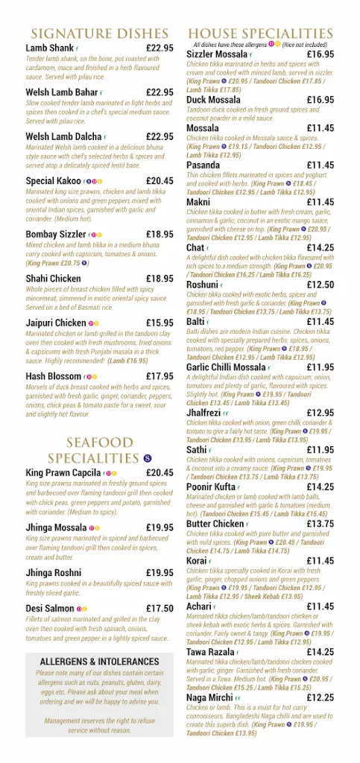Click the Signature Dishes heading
pos(99,34)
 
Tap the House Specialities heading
pos(260,34)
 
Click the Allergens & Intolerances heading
pos(99,662)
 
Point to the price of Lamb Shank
pos(160,48)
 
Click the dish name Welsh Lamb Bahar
pos(62,92)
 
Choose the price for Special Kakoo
pos(160,181)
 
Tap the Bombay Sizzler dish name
pos(56,234)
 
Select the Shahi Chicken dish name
pos(53,279)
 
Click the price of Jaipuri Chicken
pos(160,323)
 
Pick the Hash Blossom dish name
pos(54,376)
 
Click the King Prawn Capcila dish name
pos(63,472)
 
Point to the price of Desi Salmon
pos(160,608)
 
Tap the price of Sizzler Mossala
pos(320,54)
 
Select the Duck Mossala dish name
pos(213,100)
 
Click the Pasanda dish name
pos(203,165)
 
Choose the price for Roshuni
pos(320,285)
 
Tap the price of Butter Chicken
pos(320,524)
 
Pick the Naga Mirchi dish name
pos(209,697)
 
